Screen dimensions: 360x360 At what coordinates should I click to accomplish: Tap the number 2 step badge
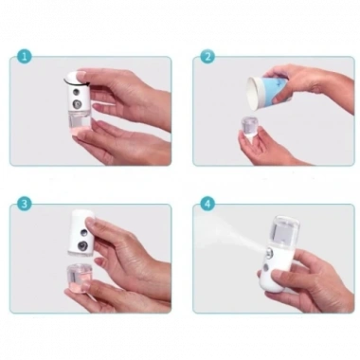(207, 56)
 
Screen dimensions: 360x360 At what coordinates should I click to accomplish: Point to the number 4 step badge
(207, 204)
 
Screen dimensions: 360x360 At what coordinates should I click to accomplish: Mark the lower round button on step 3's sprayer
(87, 248)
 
